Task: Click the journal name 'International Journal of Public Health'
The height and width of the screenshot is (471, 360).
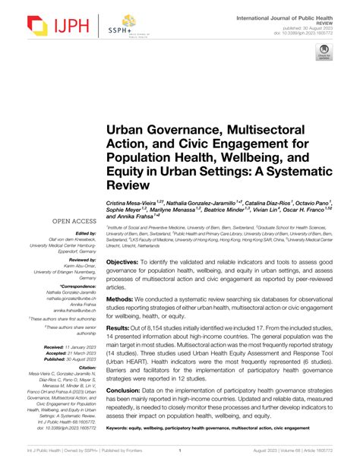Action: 295,17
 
